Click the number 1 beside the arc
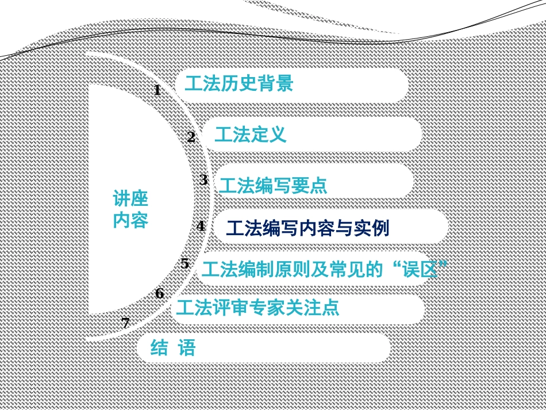coord(157,90)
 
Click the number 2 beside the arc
coord(191,137)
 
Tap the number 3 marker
coord(203,180)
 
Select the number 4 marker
coord(201,226)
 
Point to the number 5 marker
coord(184,264)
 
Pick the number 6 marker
coord(159,294)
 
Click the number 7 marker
coord(125,323)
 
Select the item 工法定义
coord(250,135)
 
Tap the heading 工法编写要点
coord(272,186)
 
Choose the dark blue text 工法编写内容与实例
coord(307,229)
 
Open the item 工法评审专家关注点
coord(257,308)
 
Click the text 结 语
coord(172,348)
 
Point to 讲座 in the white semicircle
coord(130,200)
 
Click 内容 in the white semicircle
coord(130,220)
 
